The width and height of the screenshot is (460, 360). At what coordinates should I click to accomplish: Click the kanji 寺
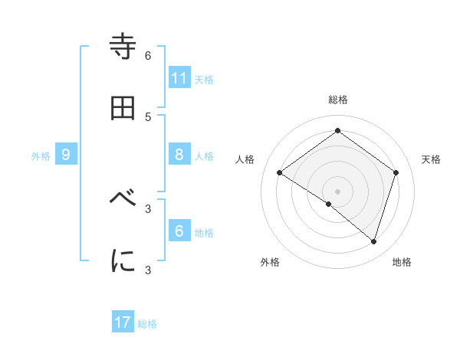pyautogui.click(x=123, y=47)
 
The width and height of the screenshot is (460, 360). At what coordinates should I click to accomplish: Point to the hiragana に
pyautogui.click(x=123, y=260)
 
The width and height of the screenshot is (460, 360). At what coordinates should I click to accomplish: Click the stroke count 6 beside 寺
pyautogui.click(x=148, y=56)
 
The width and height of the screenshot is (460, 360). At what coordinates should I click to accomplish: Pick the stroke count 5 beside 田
pyautogui.click(x=148, y=116)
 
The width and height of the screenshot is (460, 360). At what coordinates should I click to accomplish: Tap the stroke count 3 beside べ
pyautogui.click(x=148, y=208)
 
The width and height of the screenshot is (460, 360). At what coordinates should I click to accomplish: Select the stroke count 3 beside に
pyautogui.click(x=148, y=270)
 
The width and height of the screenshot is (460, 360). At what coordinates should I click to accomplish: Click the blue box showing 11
pyautogui.click(x=179, y=77)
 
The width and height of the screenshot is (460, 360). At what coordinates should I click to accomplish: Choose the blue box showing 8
pyautogui.click(x=179, y=154)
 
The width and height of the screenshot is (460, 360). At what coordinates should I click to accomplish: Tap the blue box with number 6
pyautogui.click(x=179, y=231)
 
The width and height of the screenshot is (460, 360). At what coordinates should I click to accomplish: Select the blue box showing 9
pyautogui.click(x=66, y=154)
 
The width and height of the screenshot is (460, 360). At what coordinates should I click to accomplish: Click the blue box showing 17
pyautogui.click(x=123, y=322)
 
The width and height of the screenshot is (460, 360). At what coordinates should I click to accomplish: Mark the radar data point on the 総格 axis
pyautogui.click(x=337, y=131)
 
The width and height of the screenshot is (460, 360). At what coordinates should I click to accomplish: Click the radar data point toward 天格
pyautogui.click(x=396, y=172)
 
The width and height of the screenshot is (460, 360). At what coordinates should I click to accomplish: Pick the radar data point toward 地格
pyautogui.click(x=373, y=242)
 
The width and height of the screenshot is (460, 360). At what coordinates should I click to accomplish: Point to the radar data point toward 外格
pyautogui.click(x=329, y=204)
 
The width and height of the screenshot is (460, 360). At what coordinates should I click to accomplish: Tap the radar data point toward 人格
pyautogui.click(x=279, y=172)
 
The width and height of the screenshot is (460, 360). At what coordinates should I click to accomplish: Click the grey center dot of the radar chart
pyautogui.click(x=337, y=191)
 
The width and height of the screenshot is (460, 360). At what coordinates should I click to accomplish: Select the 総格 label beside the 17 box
pyautogui.click(x=147, y=323)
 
